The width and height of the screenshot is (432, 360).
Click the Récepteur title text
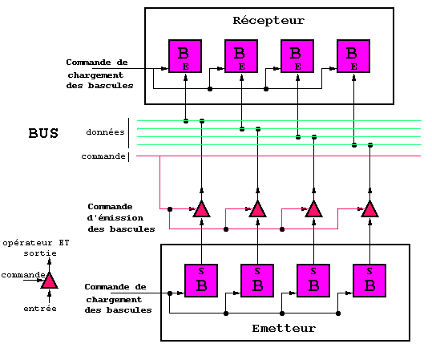point(268,21)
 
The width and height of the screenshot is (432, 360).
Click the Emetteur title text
point(284,328)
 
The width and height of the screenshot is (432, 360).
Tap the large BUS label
point(43,133)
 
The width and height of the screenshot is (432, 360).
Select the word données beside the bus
point(105,132)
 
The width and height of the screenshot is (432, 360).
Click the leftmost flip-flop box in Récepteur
point(185,56)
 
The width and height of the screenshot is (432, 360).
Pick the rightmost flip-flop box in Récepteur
point(353,56)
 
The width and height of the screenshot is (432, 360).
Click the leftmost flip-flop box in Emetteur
point(201,281)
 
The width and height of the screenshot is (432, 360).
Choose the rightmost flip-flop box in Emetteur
point(369,281)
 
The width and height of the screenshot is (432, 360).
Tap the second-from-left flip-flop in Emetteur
point(257,281)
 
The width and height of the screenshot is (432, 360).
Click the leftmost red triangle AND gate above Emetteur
point(202,210)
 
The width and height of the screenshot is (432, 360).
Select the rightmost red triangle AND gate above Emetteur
point(369,210)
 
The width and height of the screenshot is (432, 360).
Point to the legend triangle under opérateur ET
point(50,281)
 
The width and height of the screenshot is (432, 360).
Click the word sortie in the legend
point(40,253)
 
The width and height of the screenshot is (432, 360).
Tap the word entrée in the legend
point(40,309)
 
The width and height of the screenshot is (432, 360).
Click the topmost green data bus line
point(279,120)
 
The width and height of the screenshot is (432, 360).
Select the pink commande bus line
point(279,156)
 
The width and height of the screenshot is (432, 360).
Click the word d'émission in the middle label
point(115,218)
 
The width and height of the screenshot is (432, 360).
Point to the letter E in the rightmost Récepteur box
point(354,67)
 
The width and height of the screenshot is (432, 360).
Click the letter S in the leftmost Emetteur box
point(201,271)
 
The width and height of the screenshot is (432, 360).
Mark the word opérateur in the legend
point(27,243)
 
